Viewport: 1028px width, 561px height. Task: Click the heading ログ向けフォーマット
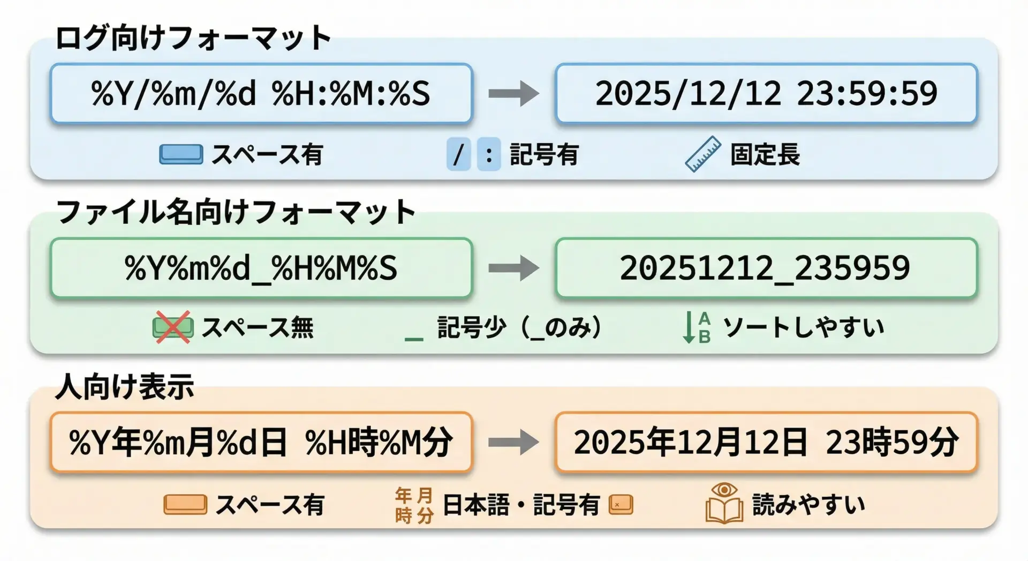pos(193,39)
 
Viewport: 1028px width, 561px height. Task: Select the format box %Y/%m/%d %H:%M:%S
pos(261,94)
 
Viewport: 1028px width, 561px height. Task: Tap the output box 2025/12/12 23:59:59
pos(766,94)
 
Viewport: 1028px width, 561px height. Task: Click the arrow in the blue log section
pos(513,94)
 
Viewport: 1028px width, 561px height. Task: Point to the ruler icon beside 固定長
pos(703,154)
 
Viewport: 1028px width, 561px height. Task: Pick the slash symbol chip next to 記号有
pos(458,154)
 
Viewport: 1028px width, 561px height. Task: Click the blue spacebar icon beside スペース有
pos(181,154)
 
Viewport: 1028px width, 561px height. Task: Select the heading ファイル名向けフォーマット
pos(236,212)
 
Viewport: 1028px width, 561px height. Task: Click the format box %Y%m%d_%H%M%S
pos(261,268)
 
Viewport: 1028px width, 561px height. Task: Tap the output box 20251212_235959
pos(766,268)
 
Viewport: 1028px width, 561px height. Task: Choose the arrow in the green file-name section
pos(513,268)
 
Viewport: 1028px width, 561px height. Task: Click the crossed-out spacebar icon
pos(173,327)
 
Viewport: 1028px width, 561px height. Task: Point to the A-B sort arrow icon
pos(697,327)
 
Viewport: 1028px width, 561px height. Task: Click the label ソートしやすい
pos(803,327)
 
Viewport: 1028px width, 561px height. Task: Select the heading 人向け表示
pos(125,387)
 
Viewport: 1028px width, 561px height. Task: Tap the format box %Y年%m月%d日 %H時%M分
pos(261,443)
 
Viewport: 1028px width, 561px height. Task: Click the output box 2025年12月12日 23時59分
pos(766,443)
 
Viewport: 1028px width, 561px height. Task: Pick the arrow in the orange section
pos(513,443)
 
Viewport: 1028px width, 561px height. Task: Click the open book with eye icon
pos(724,503)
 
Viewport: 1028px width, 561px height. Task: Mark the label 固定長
pos(765,155)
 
